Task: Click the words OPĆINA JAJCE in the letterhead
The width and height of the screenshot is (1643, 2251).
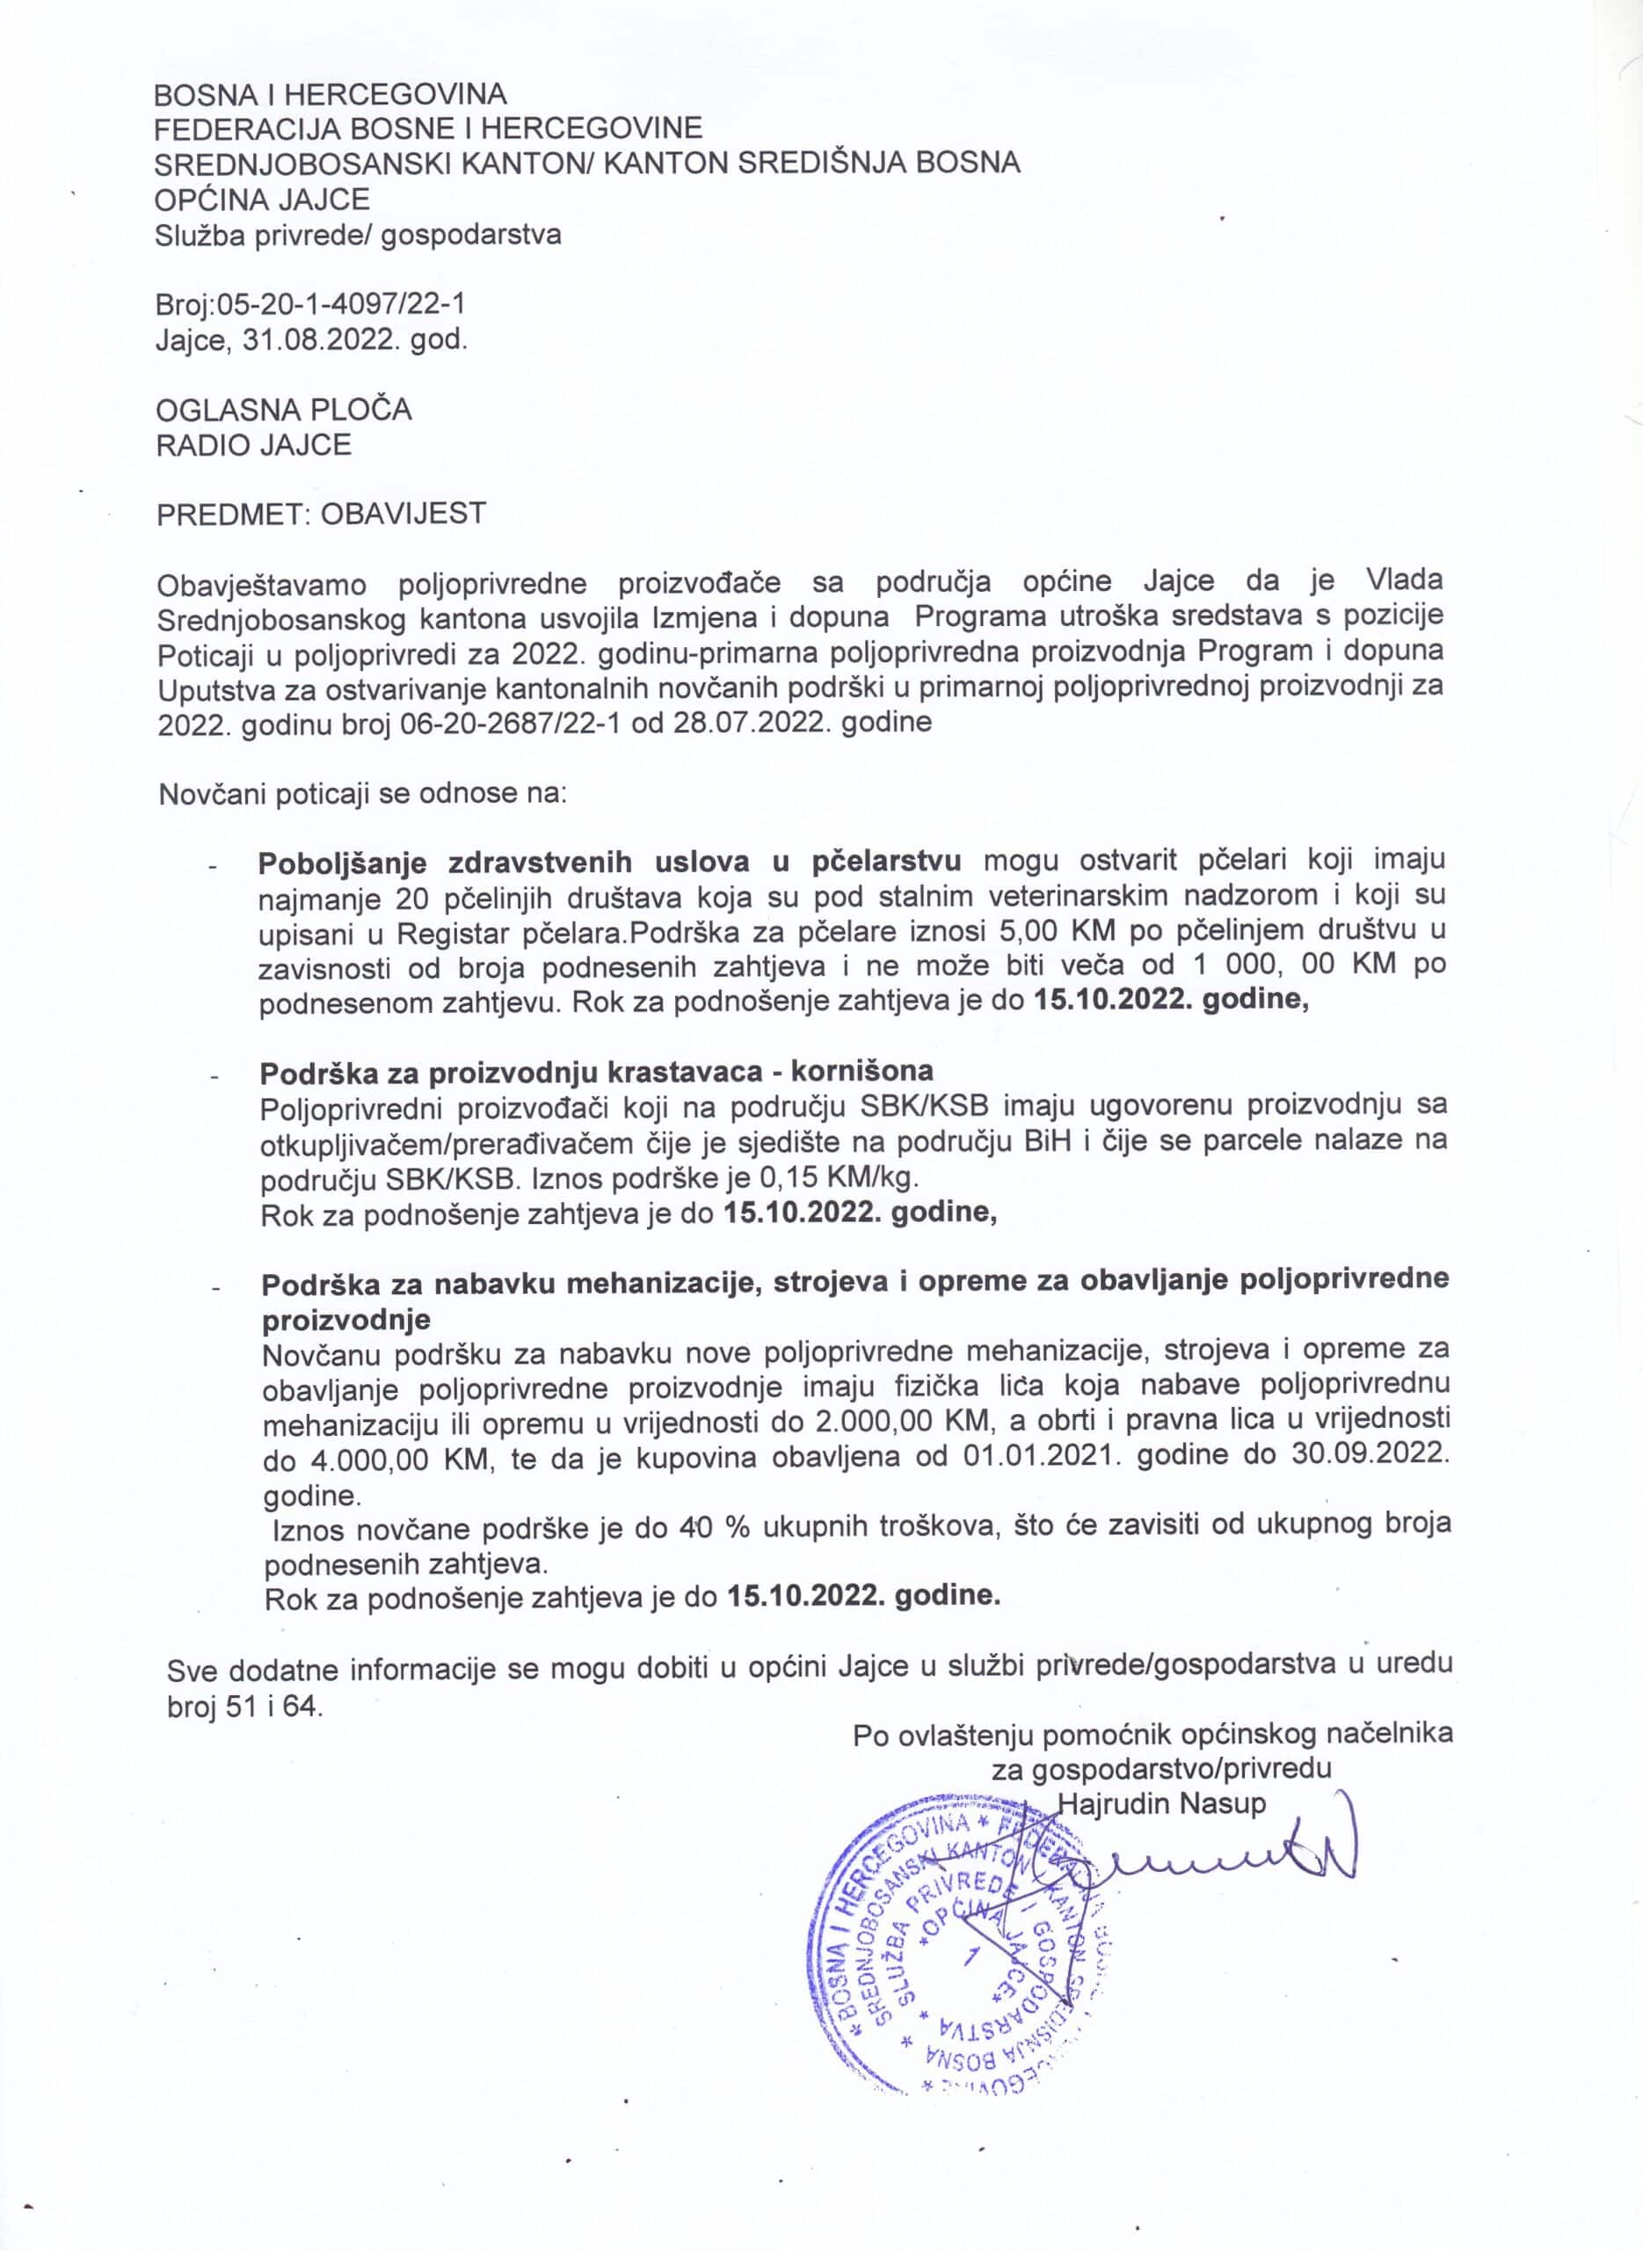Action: tap(263, 199)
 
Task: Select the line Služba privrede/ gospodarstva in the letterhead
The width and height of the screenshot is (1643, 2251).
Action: tap(358, 235)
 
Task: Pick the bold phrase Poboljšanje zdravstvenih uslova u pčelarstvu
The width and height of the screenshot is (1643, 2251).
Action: tap(608, 861)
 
